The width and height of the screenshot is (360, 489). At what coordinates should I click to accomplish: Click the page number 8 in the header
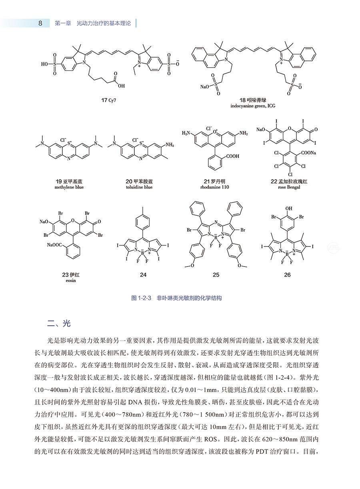click(40, 23)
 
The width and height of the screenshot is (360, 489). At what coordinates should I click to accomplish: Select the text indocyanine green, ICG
click(252, 106)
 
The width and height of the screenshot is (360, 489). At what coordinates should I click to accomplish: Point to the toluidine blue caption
click(138, 187)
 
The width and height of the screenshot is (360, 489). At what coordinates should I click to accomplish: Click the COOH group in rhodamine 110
click(230, 156)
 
